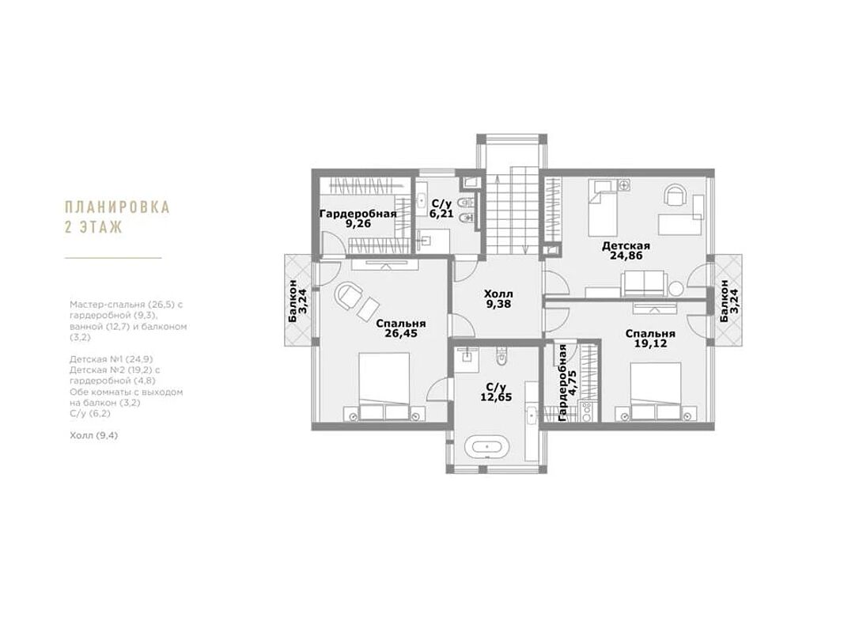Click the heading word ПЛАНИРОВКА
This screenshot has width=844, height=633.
click(x=117, y=207)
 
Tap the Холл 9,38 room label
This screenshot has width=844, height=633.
click(x=498, y=299)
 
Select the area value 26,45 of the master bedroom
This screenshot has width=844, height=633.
click(x=401, y=334)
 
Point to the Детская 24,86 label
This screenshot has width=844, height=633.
click(x=626, y=251)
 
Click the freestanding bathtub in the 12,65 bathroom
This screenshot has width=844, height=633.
click(x=486, y=447)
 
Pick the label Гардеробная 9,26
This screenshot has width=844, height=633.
click(x=358, y=218)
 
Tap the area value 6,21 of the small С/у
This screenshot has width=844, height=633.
click(x=441, y=214)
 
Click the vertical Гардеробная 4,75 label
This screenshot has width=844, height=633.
click(x=567, y=383)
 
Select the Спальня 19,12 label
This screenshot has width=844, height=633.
click(x=650, y=339)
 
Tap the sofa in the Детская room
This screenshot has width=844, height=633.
click(x=645, y=284)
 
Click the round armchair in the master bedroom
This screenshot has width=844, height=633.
click(x=349, y=295)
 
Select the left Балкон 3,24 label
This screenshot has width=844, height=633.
click(x=297, y=301)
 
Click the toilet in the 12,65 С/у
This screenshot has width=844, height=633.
click(x=501, y=357)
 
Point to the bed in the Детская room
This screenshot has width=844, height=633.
click(x=602, y=207)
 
